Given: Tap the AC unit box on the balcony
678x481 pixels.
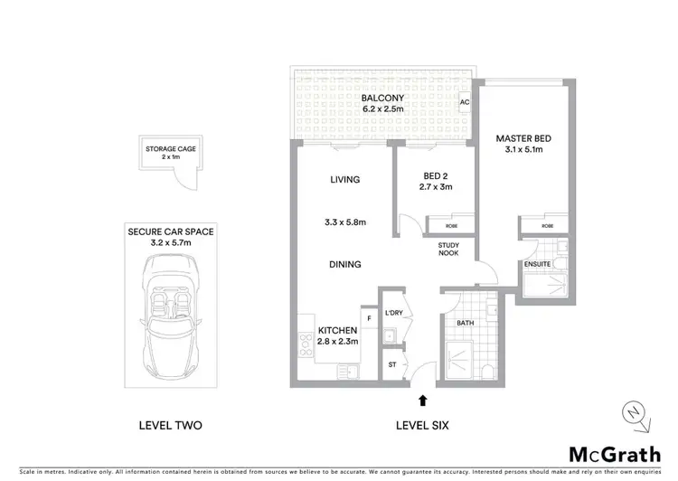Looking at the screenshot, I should pyautogui.click(x=465, y=102).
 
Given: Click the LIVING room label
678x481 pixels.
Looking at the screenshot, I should pyautogui.click(x=344, y=180).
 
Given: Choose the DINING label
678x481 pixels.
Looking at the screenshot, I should pyautogui.click(x=344, y=264).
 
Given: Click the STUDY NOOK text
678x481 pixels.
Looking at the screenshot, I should pyautogui.click(x=448, y=249).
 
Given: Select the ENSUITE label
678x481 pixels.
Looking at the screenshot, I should pyautogui.click(x=536, y=264).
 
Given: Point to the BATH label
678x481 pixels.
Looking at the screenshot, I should pyautogui.click(x=466, y=322).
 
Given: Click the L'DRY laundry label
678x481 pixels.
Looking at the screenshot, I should pyautogui.click(x=392, y=313).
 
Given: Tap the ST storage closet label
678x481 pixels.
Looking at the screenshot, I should pyautogui.click(x=391, y=364).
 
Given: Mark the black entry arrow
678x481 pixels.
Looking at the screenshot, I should pyautogui.click(x=421, y=399).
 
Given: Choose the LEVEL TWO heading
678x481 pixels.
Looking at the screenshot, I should pyautogui.click(x=170, y=425).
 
